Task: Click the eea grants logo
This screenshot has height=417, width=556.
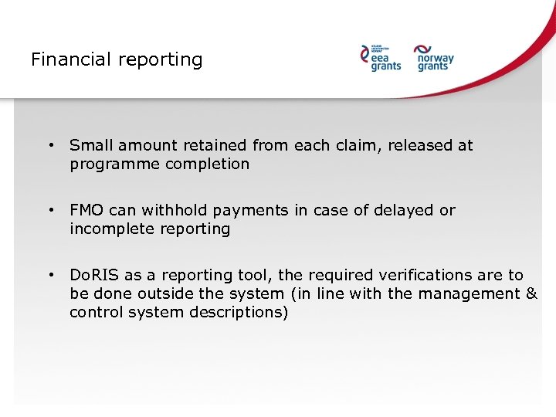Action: tap(381, 57)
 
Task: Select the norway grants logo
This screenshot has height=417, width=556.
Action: tap(435, 57)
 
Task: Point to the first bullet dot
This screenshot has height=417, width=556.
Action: tap(50, 144)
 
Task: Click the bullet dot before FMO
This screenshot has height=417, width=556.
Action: tap(50, 209)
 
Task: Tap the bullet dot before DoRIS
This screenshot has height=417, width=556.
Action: tap(50, 274)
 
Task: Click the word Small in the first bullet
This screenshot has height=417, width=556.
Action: tap(89, 145)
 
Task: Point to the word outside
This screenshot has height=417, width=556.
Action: tap(151, 293)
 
